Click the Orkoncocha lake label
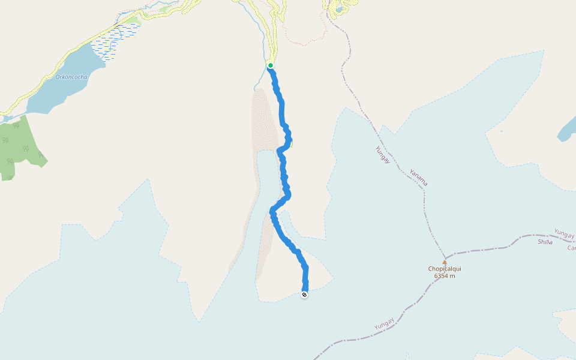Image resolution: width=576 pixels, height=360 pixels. (71, 77)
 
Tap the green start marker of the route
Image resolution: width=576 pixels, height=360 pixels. (271, 65)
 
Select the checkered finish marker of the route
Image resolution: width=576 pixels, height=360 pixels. (305, 294)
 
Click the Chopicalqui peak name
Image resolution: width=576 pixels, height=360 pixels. (445, 269)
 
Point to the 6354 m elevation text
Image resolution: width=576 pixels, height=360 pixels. (445, 276)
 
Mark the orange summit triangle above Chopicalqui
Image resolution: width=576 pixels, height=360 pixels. (445, 262)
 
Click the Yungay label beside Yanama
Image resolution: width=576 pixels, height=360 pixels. (382, 155)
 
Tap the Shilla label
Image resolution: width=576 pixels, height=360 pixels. (545, 242)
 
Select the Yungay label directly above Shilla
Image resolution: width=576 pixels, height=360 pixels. (564, 233)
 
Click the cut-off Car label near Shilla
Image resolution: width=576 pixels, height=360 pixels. (571, 247)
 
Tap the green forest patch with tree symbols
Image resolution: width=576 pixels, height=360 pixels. (18, 147)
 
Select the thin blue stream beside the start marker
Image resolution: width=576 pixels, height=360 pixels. (262, 42)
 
